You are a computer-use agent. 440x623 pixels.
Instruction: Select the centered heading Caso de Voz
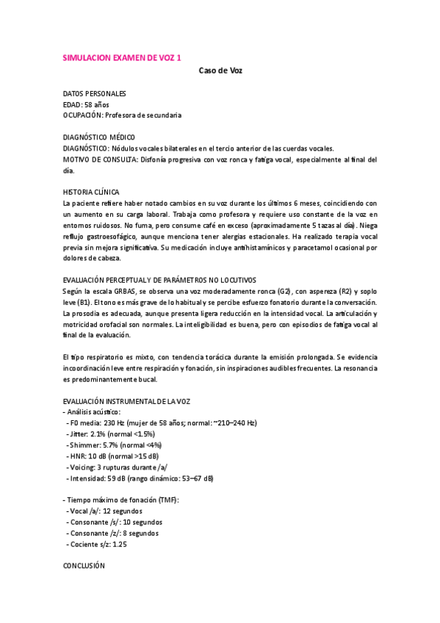tap(220, 71)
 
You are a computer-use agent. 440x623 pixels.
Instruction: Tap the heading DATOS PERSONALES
tap(94, 94)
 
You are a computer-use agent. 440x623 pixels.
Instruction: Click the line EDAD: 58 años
tap(86, 105)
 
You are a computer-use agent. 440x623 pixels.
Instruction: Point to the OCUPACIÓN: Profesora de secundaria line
tap(123, 115)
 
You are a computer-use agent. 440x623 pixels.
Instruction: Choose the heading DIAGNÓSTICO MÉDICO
tap(98, 137)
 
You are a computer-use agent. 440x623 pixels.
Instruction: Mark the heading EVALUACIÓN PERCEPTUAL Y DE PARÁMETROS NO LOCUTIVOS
tap(159, 281)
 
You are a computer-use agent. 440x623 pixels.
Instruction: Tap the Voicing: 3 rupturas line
tap(118, 467)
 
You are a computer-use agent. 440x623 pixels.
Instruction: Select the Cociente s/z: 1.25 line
tap(98, 544)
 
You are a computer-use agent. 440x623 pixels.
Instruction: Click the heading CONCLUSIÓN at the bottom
tap(84, 566)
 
